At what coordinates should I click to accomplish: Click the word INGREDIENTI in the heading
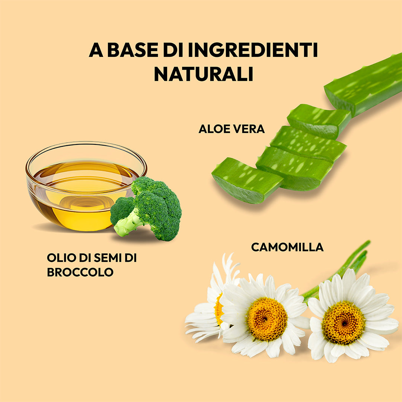253,51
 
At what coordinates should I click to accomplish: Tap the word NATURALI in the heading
204,74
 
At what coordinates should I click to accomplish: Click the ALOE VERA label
232,129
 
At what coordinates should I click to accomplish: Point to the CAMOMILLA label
287,247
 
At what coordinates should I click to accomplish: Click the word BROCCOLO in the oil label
80,272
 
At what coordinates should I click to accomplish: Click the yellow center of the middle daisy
267,319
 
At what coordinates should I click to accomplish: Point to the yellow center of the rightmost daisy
343,322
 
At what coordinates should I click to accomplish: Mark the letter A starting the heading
96,51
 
